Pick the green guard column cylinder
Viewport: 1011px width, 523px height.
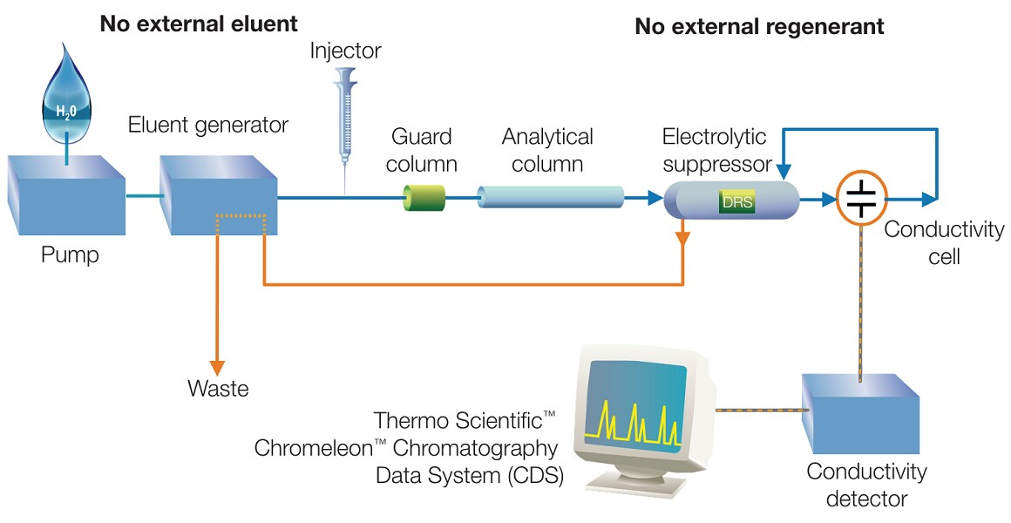(424, 199)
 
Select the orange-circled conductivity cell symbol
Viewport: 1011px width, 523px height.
(861, 198)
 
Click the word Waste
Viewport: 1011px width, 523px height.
(218, 388)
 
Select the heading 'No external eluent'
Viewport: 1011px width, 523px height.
(199, 23)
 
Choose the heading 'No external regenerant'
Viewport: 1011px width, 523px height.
(759, 26)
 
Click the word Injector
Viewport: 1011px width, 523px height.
(346, 51)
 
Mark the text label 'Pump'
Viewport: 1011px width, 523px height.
(70, 255)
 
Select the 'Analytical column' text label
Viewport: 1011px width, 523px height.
(547, 150)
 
